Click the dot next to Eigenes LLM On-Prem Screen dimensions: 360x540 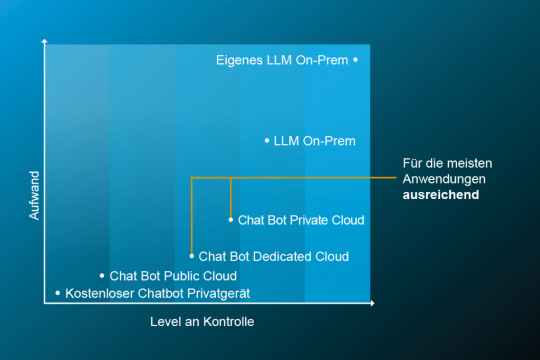click(355, 60)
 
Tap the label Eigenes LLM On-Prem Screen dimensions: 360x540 click(282, 61)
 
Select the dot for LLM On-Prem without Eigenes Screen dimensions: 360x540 click(267, 141)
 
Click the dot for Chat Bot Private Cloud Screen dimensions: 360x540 click(231, 219)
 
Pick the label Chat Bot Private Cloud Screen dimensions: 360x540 click(301, 220)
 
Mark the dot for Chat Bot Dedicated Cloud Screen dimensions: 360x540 click(192, 256)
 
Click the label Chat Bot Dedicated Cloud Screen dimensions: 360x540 click(274, 257)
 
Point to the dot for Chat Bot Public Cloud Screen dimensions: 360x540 click(102, 275)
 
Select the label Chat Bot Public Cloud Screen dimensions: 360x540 click(173, 276)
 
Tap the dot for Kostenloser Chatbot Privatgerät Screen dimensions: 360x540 click(57, 293)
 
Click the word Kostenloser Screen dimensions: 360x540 click(100, 293)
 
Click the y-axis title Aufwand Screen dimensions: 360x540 click(34, 196)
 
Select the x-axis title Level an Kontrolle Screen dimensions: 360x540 click(202, 322)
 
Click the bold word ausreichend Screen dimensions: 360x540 click(441, 194)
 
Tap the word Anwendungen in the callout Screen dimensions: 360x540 click(444, 179)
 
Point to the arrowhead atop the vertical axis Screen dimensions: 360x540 click(45, 41)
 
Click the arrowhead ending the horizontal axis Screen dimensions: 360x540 click(372, 303)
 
